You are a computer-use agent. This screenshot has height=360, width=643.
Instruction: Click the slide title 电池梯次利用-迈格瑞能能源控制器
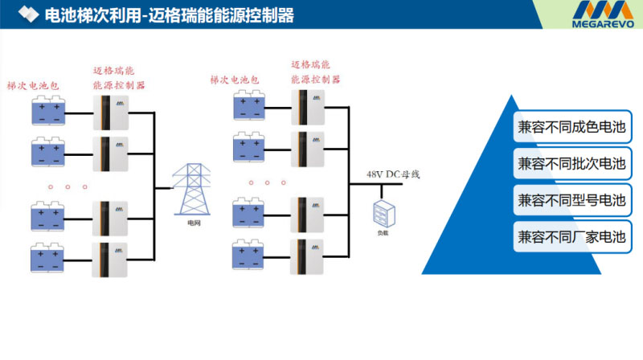tap(170, 15)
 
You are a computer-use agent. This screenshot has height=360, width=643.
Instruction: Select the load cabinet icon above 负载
tap(383, 214)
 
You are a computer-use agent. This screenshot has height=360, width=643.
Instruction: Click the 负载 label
tap(383, 233)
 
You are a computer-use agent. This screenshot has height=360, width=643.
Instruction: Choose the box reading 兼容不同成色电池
tap(571, 126)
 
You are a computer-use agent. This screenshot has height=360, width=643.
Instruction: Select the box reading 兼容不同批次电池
tap(571, 163)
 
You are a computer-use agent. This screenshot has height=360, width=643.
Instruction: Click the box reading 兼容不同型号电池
tap(571, 200)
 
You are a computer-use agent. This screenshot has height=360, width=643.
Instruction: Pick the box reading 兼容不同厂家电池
tap(571, 237)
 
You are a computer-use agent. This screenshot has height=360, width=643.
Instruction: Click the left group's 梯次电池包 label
tap(33, 85)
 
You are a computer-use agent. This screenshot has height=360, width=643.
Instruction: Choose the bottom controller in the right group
tap(308, 256)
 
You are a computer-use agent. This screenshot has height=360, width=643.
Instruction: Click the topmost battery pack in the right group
tap(249, 107)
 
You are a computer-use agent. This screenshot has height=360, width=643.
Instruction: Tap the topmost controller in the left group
tap(112, 112)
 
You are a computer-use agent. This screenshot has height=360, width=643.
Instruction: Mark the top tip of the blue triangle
tap(509, 94)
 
